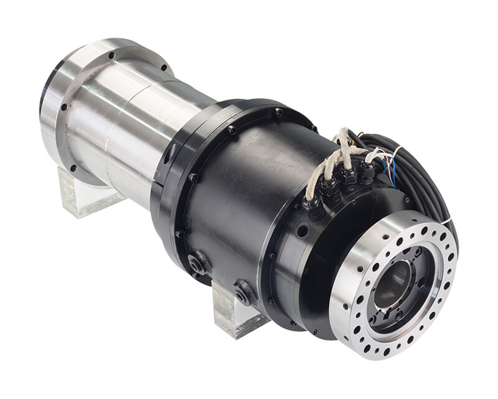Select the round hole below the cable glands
click(x=303, y=232)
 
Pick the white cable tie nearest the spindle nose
click(x=446, y=219)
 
